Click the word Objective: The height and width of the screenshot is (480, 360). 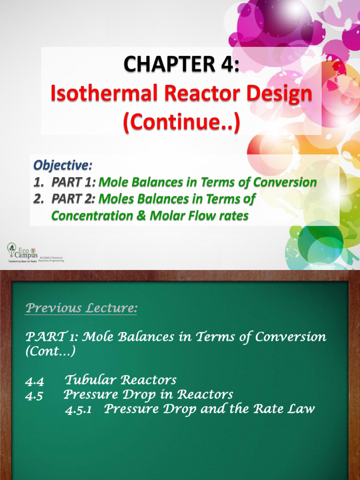point(63,165)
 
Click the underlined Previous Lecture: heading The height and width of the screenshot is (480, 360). point(81,308)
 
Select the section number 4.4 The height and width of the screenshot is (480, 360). point(34,381)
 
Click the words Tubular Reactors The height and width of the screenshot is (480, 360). point(120,380)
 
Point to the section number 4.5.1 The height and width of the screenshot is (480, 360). point(78,410)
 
